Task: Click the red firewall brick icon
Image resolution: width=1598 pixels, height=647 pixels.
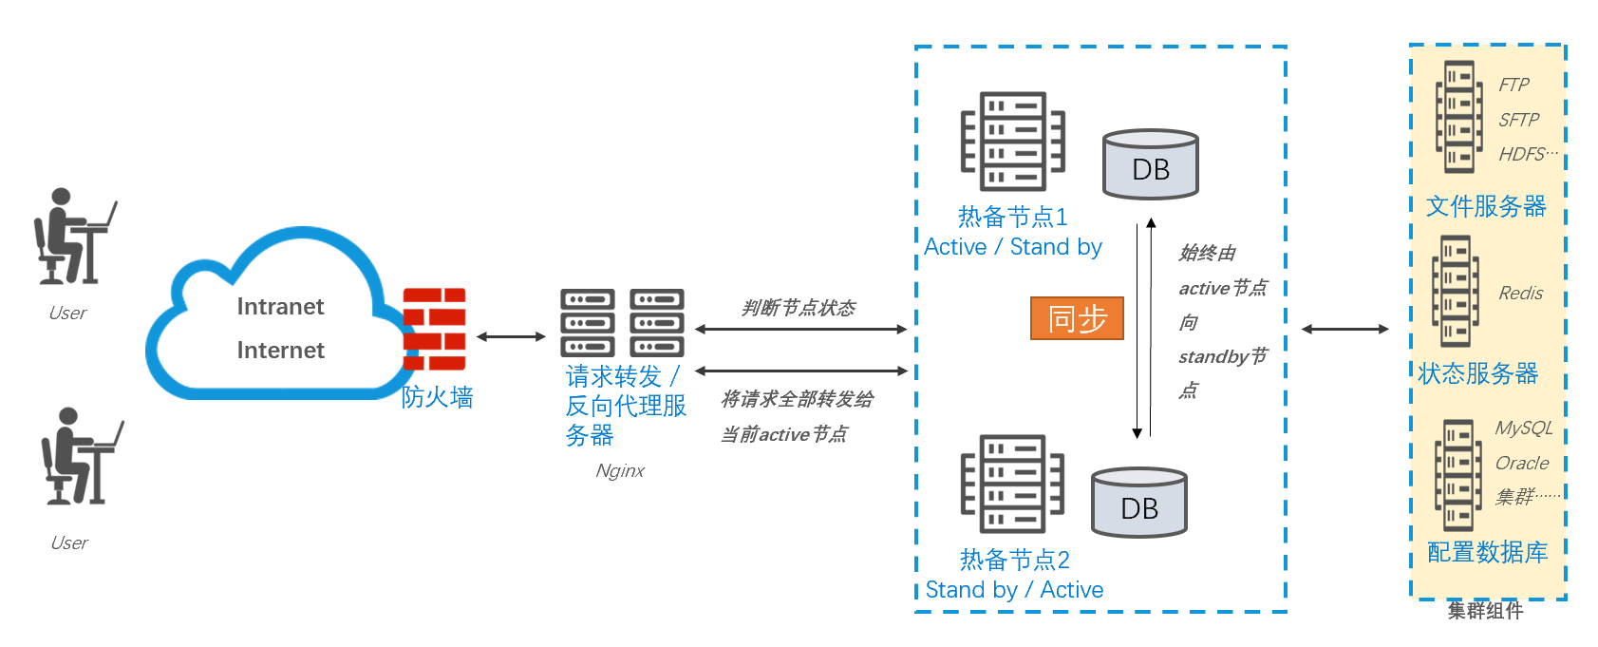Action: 434,329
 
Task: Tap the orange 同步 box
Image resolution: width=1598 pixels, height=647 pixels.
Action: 1077,318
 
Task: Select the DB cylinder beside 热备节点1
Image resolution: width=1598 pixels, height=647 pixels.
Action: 1150,164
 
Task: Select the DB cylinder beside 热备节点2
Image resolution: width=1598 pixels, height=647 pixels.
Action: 1138,503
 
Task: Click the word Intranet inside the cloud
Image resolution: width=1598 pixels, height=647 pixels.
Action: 280,307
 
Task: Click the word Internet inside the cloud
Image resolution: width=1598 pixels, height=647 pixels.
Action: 280,351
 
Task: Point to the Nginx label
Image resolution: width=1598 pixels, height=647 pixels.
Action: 620,470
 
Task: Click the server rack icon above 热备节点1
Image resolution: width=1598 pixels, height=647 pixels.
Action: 1012,142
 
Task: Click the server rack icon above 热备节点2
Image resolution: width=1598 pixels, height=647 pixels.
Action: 1012,484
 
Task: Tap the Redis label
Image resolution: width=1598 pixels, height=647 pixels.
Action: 1520,294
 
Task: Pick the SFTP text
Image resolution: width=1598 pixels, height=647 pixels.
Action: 1518,120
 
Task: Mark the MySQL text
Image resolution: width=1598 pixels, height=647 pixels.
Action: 1523,428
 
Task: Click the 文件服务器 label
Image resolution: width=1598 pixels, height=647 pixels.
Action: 1486,206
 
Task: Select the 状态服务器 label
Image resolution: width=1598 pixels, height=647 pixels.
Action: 1477,373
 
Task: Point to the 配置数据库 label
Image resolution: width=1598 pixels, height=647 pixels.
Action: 1487,552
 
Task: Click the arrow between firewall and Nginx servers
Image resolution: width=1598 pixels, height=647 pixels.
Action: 511,336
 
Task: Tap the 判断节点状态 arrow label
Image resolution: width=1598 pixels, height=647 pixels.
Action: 799,308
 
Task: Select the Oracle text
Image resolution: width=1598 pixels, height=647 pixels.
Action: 1521,463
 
